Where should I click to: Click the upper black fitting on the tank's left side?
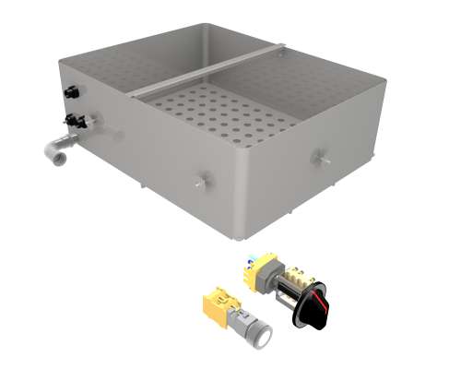point(69,92)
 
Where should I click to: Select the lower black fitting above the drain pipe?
point(72,121)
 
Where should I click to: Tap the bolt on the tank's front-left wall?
point(199,183)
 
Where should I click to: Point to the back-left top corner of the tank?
point(61,63)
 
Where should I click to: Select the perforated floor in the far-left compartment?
point(129,69)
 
